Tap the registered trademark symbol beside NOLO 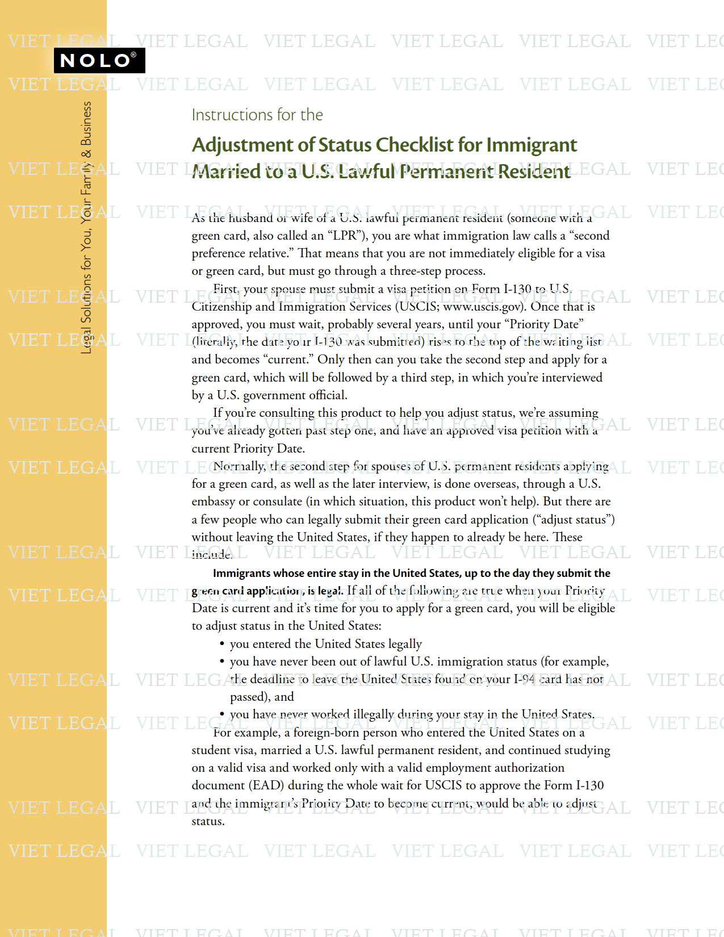point(133,55)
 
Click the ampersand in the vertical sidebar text point(86,154)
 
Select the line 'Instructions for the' point(257,115)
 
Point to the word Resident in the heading point(534,171)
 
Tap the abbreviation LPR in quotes point(346,236)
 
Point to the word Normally point(239,466)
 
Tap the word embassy point(213,501)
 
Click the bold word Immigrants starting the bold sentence point(242,574)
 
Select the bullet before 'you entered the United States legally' point(222,644)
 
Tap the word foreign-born point(325,733)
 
